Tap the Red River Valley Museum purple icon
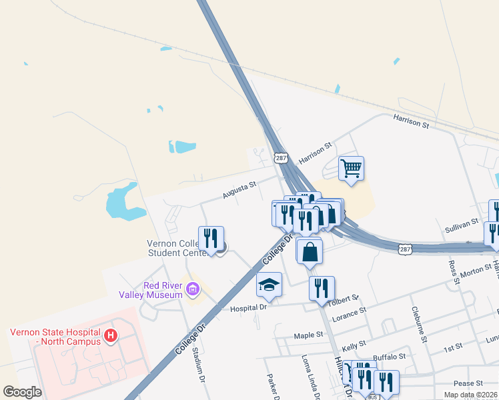click(x=193, y=289)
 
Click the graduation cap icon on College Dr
click(x=270, y=284)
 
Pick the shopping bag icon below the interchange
click(x=310, y=251)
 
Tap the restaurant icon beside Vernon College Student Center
click(x=211, y=239)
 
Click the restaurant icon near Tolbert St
click(x=322, y=289)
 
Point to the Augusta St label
click(x=239, y=191)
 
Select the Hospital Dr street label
click(x=248, y=308)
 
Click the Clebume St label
click(x=419, y=324)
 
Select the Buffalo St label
click(x=389, y=358)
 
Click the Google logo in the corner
click(x=23, y=391)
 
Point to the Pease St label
click(x=468, y=383)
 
